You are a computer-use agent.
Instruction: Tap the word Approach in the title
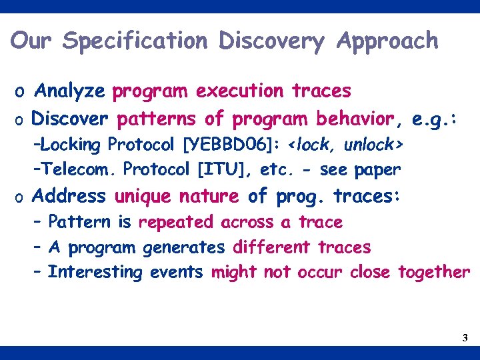(387, 41)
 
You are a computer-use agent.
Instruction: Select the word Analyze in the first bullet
(69, 90)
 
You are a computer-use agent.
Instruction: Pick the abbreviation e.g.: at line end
(434, 119)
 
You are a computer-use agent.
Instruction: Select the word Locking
(71, 145)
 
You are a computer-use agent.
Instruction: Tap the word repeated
(176, 222)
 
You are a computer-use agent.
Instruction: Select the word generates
(184, 247)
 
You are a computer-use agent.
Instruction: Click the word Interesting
(95, 272)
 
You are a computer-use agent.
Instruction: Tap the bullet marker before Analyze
(22, 91)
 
